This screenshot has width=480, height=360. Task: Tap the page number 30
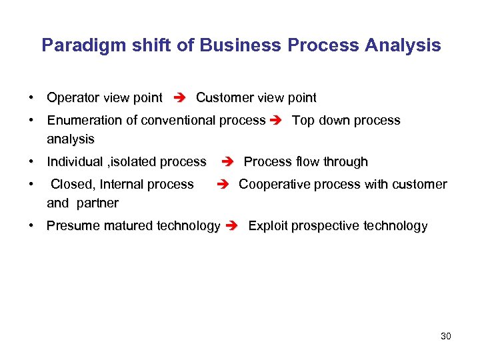pyautogui.click(x=446, y=336)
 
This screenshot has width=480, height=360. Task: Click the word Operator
pyautogui.click(x=73, y=98)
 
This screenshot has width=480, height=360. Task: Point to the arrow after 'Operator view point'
pyautogui.click(x=179, y=99)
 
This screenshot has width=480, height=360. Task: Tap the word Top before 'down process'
pyautogui.click(x=303, y=121)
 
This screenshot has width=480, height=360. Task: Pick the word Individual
pyautogui.click(x=73, y=162)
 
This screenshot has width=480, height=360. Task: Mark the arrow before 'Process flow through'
pyautogui.click(x=227, y=163)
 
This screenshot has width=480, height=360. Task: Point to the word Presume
pyautogui.click(x=72, y=226)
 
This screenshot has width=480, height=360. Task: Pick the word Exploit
pyautogui.click(x=265, y=226)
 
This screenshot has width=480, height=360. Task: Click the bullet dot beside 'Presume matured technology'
pyautogui.click(x=32, y=226)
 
